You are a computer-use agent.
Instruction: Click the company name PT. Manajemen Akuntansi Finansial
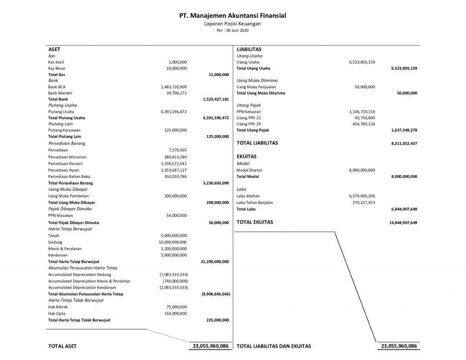(233, 15)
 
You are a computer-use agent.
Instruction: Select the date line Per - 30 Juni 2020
(233, 30)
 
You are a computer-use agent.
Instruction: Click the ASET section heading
(54, 49)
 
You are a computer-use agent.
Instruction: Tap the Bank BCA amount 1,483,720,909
(174, 86)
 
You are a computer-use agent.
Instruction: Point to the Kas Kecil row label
(57, 62)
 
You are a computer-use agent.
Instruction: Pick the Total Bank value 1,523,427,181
(215, 99)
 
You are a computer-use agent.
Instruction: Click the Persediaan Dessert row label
(67, 163)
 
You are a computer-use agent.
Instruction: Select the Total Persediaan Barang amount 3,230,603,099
(215, 183)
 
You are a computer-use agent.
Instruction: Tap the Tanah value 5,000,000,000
(174, 235)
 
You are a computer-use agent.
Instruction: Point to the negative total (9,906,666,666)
(215, 294)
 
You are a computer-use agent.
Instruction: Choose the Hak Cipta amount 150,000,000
(177, 314)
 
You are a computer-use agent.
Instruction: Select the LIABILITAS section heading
(249, 49)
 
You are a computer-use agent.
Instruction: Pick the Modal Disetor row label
(249, 170)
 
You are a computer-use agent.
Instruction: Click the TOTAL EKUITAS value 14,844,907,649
(403, 223)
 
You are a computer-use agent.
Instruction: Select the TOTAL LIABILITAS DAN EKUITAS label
(274, 346)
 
